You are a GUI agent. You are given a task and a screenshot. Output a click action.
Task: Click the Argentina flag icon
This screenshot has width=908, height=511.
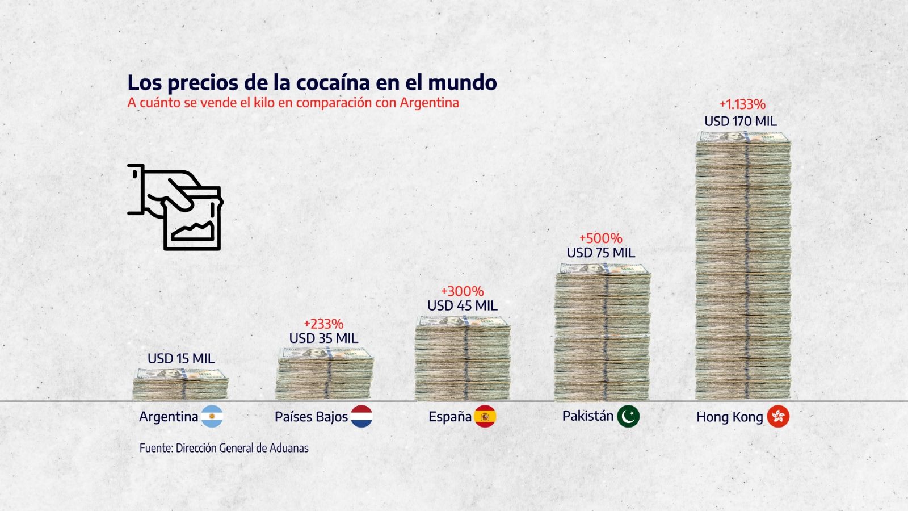(x=212, y=416)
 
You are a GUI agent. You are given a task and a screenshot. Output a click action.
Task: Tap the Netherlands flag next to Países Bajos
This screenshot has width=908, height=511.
(x=361, y=416)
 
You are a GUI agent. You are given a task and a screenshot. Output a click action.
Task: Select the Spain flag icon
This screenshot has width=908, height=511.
(x=485, y=416)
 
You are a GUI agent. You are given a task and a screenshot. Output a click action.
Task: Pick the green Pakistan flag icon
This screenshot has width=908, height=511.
(x=628, y=416)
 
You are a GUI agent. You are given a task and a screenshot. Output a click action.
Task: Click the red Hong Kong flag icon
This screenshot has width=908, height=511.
(x=778, y=416)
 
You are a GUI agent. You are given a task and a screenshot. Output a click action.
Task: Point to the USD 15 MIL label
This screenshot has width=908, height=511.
(x=181, y=358)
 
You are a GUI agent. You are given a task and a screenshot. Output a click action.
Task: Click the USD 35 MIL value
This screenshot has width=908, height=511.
(x=323, y=338)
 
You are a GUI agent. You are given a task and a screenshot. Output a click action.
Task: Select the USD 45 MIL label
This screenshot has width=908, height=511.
(x=463, y=305)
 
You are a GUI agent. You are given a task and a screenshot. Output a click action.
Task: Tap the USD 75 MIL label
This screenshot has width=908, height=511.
(x=601, y=253)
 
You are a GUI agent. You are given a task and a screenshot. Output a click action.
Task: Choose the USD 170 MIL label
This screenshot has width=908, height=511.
(x=741, y=121)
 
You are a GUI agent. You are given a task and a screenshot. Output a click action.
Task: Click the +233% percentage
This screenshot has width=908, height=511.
(x=323, y=324)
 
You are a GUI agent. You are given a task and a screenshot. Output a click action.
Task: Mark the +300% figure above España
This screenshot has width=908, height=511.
(x=463, y=291)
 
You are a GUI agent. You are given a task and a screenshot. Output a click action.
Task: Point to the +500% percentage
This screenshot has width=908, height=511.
(x=601, y=238)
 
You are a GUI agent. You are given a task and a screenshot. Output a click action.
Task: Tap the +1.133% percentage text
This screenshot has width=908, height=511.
(x=742, y=104)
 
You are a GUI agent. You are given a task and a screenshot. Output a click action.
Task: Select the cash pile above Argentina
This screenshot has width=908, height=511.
(x=180, y=384)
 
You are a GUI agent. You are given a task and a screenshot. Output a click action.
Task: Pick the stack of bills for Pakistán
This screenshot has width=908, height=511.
(x=602, y=332)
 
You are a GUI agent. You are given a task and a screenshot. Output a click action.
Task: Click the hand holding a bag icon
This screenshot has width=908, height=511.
(x=176, y=207)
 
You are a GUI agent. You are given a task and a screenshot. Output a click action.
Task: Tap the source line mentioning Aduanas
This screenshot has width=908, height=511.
(x=224, y=448)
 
